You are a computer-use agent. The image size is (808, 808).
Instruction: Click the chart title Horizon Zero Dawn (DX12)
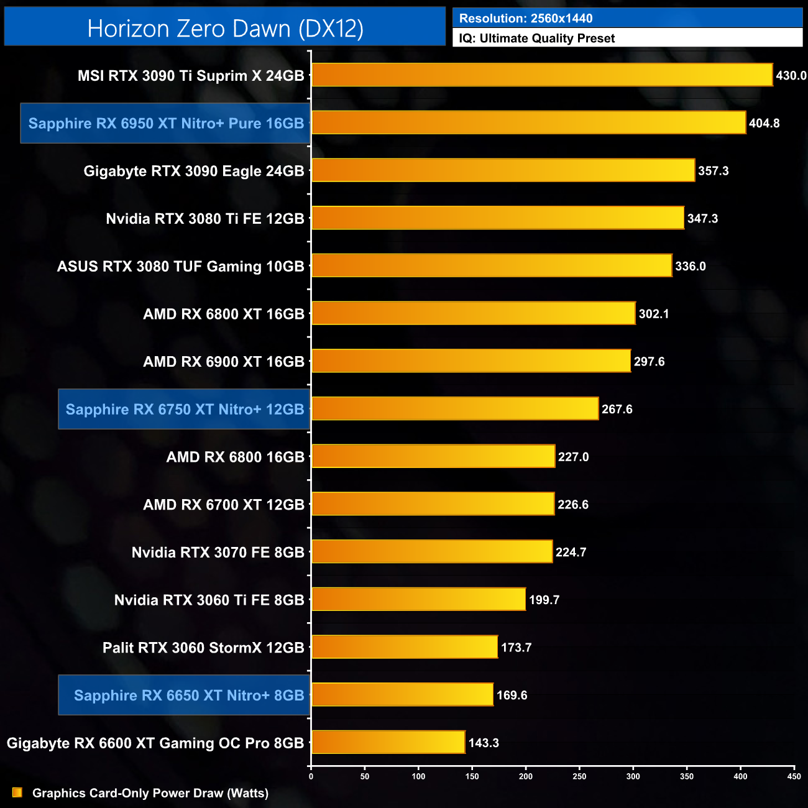pos(225,28)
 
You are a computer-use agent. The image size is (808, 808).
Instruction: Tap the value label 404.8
pos(764,123)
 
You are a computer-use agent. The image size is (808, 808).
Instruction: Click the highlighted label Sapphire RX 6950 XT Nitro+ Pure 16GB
pos(166,123)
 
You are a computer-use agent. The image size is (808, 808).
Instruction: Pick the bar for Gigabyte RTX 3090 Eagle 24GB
pos(503,170)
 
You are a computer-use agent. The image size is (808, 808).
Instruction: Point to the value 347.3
pos(702,218)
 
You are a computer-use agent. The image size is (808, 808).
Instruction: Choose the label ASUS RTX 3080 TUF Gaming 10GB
pos(181,266)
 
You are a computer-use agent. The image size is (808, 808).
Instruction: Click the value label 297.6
pos(649,361)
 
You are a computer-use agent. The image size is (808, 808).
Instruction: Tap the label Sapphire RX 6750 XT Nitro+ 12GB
pos(185,409)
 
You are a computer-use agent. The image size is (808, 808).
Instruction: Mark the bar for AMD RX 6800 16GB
pos(433,456)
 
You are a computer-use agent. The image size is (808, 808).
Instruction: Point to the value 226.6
pos(573,504)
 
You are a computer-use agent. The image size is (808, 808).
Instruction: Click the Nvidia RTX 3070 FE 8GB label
pos(218,552)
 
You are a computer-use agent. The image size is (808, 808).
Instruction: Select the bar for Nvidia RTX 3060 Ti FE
pos(418,599)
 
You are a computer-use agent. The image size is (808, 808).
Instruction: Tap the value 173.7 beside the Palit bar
pos(516,647)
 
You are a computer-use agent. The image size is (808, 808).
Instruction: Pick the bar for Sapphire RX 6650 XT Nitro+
pos(402,694)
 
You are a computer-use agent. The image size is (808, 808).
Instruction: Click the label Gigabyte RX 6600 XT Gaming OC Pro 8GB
pos(155,743)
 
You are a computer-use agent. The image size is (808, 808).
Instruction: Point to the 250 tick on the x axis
pos(579,776)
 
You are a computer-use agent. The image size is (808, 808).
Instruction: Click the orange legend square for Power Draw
pos(17,792)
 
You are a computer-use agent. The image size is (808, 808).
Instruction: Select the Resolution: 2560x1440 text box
pos(627,18)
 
